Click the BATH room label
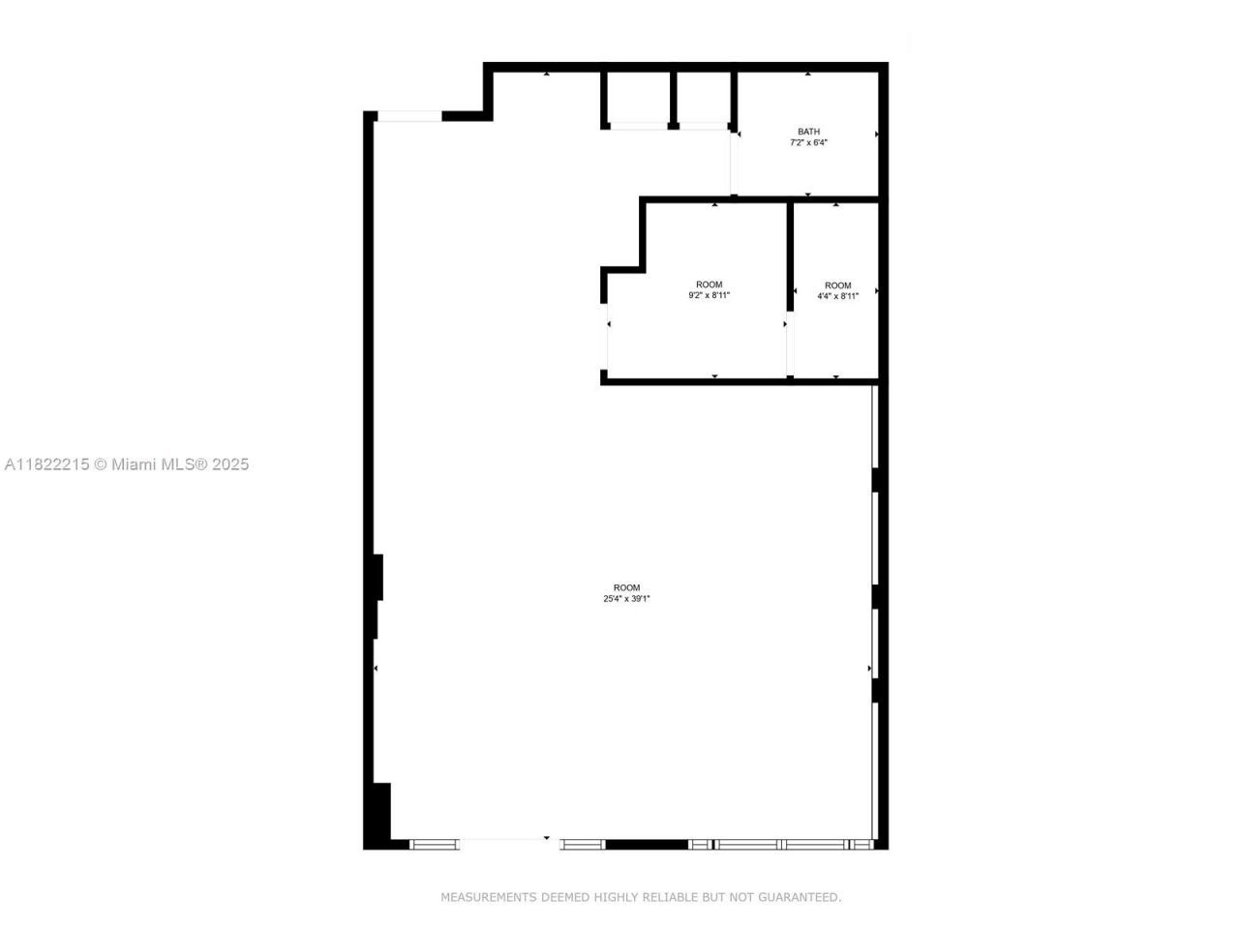(808, 132)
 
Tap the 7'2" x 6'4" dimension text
(808, 143)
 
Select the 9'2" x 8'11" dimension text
(709, 296)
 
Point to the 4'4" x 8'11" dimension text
(837, 297)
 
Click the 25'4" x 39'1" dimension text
(626, 599)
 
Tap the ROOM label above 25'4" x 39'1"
(626, 587)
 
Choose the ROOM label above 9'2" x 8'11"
(709, 285)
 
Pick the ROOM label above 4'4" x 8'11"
(837, 285)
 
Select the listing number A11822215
(46, 464)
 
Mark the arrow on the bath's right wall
(876, 134)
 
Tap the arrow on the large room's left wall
(376, 669)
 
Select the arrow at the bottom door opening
(547, 838)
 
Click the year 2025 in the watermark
(230, 464)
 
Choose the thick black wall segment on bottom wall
(647, 845)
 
